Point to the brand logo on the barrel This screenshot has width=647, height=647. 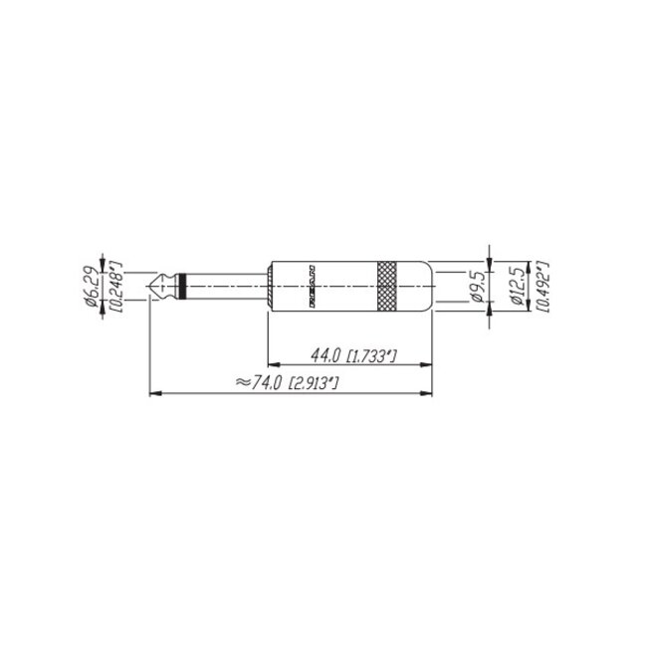tap(311, 287)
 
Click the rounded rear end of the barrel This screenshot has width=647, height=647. tap(430, 287)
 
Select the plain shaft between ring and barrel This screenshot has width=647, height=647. tap(225, 287)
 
